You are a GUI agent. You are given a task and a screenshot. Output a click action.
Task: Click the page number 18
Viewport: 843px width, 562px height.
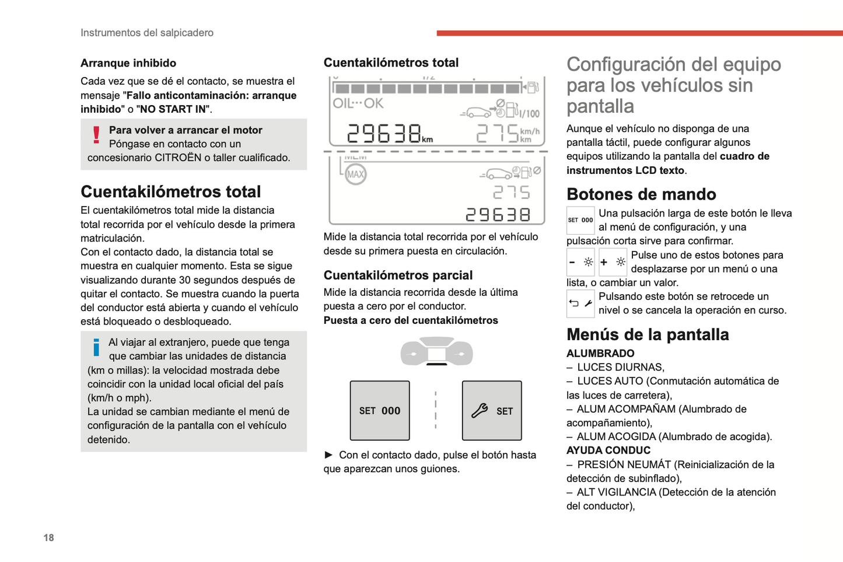[48, 537]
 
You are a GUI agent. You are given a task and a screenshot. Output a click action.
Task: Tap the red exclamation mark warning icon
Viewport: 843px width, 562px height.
[96, 135]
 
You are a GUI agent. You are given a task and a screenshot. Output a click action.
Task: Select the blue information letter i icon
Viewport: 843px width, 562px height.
[96, 347]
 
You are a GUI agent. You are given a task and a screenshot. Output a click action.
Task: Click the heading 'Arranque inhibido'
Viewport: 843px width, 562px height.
[128, 63]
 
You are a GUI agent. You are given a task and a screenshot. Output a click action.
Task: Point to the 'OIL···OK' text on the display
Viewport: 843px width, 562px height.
[358, 104]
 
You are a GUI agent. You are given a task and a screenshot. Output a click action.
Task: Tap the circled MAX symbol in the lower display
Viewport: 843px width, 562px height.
[356, 174]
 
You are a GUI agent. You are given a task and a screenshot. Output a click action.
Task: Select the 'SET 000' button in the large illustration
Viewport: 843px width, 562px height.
[380, 411]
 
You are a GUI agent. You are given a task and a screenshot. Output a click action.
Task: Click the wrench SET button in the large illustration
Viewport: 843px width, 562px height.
[492, 411]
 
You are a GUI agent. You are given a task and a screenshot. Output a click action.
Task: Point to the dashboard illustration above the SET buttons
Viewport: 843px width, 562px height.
[436, 352]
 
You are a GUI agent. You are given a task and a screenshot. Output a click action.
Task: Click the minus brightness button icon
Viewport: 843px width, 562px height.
[580, 263]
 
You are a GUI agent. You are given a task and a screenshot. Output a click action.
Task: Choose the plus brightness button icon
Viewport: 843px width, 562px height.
[613, 263]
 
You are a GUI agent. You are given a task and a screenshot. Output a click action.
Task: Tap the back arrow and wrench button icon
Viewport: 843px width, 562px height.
[580, 303]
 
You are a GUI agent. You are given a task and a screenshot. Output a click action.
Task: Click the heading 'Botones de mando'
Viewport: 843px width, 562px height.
[641, 194]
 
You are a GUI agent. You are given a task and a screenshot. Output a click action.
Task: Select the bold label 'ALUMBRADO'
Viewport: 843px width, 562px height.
[600, 354]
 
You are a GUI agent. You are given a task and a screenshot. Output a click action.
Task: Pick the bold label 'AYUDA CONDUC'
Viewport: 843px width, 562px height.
[608, 451]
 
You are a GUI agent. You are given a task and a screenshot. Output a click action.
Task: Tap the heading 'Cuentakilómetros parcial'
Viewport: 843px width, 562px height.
[398, 275]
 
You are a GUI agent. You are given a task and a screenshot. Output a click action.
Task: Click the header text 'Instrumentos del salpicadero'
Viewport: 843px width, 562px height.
[147, 33]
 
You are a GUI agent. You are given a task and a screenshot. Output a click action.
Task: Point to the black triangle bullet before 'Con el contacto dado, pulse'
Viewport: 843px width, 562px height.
[328, 455]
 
